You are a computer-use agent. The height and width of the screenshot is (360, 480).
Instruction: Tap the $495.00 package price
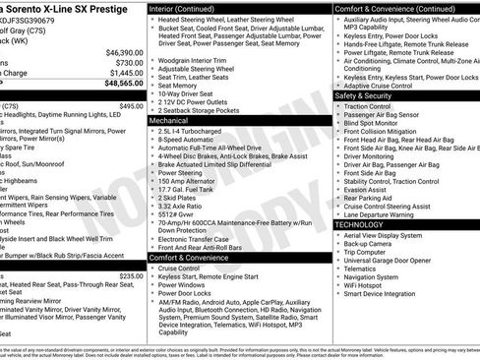(130, 105)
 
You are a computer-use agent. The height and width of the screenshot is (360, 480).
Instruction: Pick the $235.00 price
(130, 276)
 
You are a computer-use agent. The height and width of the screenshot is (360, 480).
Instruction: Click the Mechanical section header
(173, 119)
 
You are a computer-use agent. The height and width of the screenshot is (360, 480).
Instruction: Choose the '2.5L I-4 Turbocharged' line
(193, 129)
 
